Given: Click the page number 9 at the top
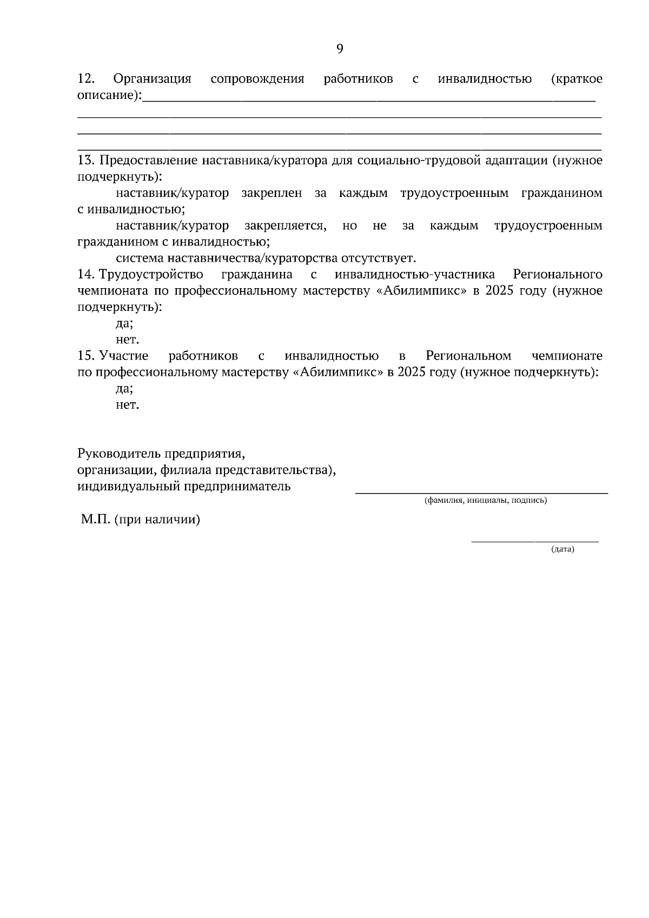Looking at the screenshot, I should point(340,49).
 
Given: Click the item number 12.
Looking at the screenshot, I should point(87,79).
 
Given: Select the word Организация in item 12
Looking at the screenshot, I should point(152,79).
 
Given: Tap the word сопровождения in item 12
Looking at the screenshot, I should point(257,79).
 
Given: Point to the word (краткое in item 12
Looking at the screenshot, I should point(576,79).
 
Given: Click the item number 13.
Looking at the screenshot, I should point(87,161).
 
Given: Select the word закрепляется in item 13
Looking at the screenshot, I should point(285,225).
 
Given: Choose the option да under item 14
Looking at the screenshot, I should point(124,324).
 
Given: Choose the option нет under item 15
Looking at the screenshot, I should point(127,405).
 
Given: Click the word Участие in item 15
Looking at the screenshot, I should point(124,356).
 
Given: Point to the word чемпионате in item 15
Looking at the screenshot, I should point(567,356).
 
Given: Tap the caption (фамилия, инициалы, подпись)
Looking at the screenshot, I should point(485,501).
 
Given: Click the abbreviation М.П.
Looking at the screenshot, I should point(96,520).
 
